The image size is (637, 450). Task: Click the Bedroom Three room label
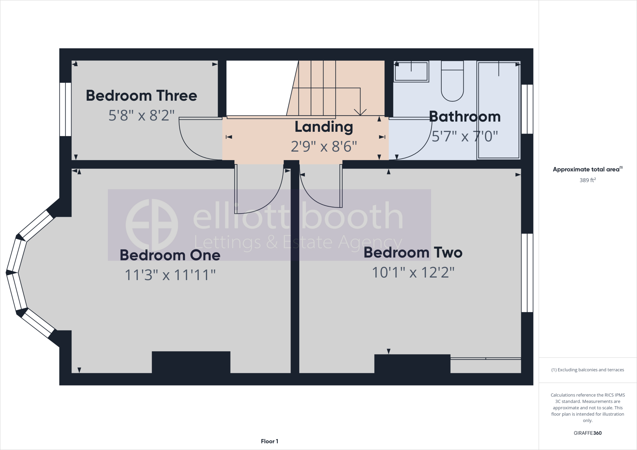(x=142, y=96)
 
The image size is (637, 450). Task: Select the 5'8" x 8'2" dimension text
(x=142, y=115)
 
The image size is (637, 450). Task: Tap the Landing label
(x=323, y=127)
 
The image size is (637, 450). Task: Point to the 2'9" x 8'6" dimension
(x=323, y=146)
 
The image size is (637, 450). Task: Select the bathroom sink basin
(x=411, y=71)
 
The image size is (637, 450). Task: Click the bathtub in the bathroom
(x=499, y=110)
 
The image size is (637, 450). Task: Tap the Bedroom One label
(x=170, y=255)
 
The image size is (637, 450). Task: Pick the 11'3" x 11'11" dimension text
(x=170, y=275)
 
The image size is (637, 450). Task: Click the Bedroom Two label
(x=413, y=253)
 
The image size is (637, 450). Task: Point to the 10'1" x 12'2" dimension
(x=413, y=273)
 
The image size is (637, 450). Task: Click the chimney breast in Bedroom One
(x=191, y=362)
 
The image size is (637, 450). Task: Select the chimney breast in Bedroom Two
(x=412, y=364)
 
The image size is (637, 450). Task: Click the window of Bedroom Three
(x=65, y=109)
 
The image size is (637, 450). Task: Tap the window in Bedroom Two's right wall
(x=527, y=273)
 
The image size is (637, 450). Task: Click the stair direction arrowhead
(x=360, y=112)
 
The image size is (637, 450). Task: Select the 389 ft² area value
(x=587, y=180)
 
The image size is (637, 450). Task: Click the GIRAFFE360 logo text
(x=587, y=433)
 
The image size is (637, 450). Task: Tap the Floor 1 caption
(x=269, y=441)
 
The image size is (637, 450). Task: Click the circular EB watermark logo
(x=152, y=225)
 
